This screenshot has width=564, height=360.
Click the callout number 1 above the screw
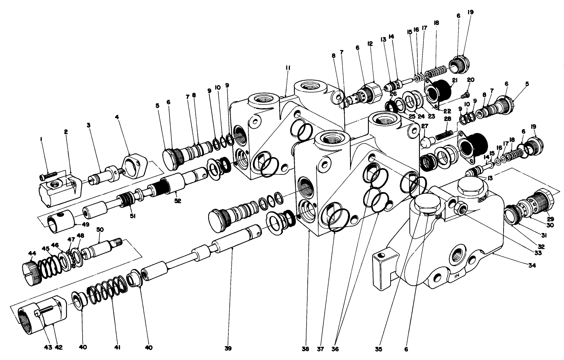point(41,139)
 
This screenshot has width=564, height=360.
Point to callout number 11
point(288,68)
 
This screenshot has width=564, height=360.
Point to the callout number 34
point(531,266)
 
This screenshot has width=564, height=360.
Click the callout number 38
point(306,349)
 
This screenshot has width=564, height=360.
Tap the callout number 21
point(455,80)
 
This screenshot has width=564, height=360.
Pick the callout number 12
point(370,44)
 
